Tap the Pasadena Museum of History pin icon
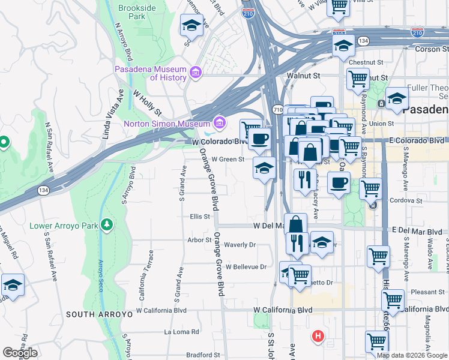[195, 73]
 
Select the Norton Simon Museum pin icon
[220, 124]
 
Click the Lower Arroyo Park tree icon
[107, 224]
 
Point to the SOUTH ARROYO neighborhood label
[95, 314]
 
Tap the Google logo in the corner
[20, 353]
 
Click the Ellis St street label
[199, 217]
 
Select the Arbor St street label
[200, 239]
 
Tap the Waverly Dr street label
[240, 245]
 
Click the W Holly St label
[148, 103]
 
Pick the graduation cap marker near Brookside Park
[191, 25]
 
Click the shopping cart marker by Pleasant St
[393, 300]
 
